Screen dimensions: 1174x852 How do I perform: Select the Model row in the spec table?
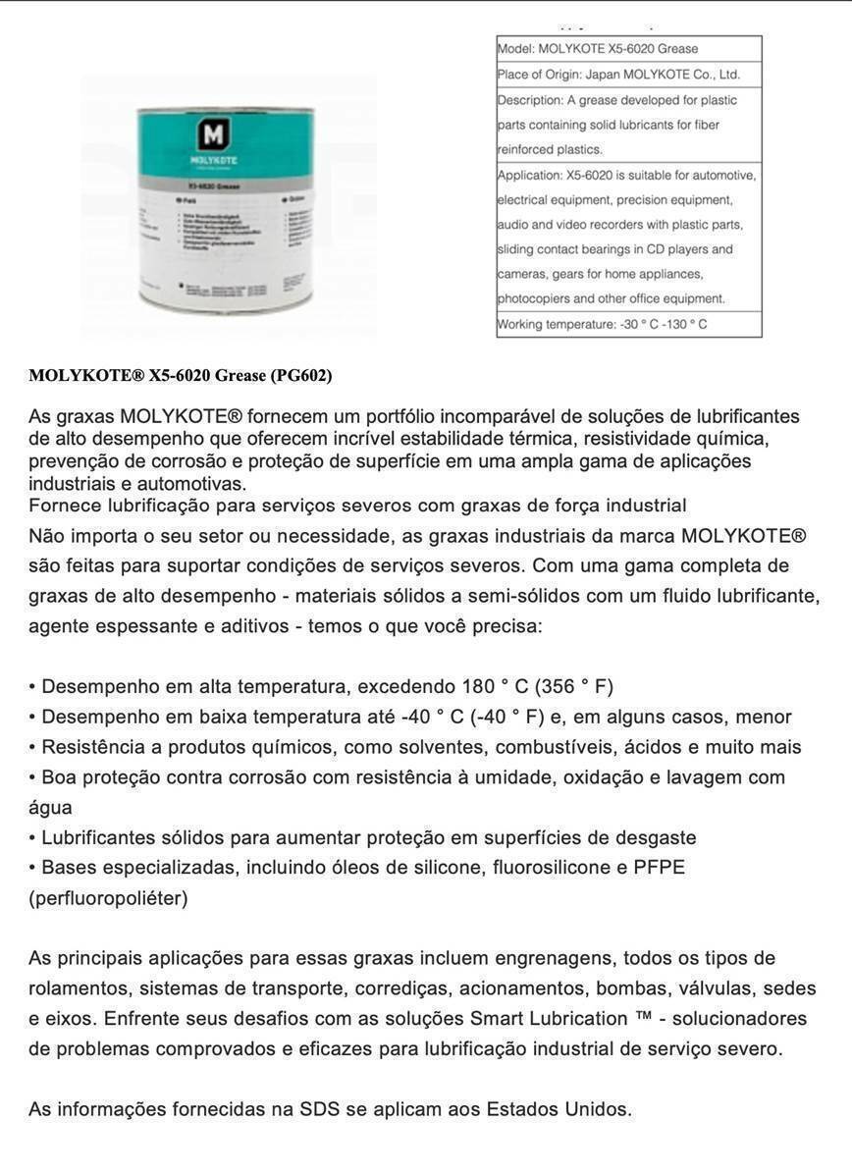(628, 48)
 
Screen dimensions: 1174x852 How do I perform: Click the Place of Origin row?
(628, 74)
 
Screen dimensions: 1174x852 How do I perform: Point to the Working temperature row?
(628, 324)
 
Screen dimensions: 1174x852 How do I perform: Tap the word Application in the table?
(530, 175)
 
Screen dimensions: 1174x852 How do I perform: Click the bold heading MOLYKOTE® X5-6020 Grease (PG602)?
(181, 375)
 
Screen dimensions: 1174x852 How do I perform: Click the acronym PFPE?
(661, 868)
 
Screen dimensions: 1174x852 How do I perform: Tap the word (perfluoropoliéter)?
(108, 898)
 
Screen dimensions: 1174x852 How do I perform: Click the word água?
(50, 807)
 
